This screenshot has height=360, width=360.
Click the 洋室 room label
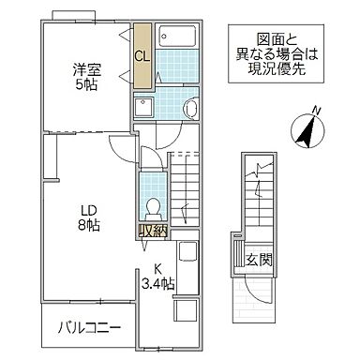click(x=88, y=67)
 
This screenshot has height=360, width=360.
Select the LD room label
click(x=87, y=210)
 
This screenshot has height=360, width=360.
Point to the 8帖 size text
click(x=87, y=225)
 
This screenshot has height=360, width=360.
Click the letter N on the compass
click(x=315, y=111)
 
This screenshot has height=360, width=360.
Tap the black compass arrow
click(x=306, y=130)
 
